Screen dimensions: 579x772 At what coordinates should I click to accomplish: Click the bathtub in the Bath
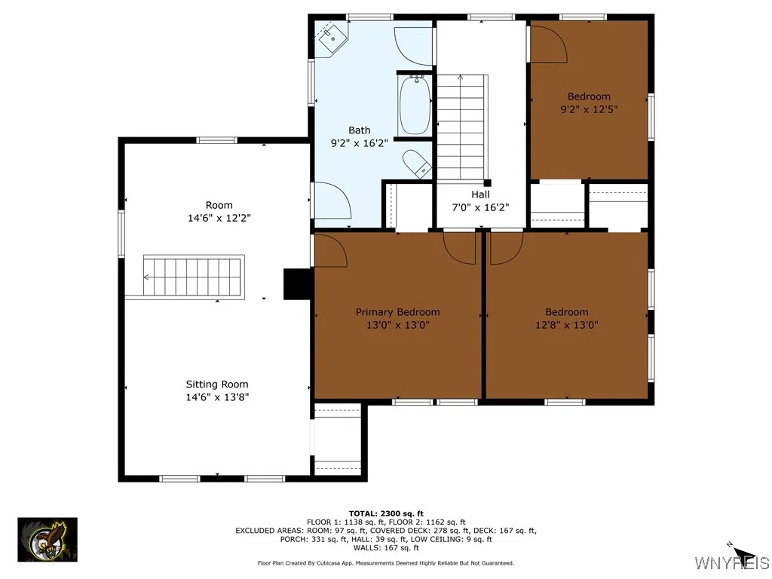(x=414, y=106)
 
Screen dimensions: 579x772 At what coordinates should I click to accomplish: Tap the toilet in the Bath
(x=415, y=163)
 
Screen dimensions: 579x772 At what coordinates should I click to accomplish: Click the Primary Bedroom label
(x=397, y=312)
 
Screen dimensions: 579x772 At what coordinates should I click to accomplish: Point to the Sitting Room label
(x=217, y=384)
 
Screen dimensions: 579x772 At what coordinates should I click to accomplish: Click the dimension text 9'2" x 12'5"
(x=589, y=109)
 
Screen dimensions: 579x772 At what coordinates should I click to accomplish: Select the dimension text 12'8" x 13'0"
(x=566, y=325)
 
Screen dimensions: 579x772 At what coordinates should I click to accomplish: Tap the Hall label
(x=480, y=195)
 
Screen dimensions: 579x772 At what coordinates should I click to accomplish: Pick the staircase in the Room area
(x=194, y=277)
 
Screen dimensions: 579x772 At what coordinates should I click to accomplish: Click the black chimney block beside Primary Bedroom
(x=298, y=284)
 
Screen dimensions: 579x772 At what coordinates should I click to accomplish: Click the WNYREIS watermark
(x=731, y=562)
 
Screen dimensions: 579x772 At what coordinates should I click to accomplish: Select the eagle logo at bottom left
(x=47, y=540)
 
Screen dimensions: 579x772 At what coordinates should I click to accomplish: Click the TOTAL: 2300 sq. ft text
(x=386, y=513)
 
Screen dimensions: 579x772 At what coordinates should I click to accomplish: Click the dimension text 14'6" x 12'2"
(x=219, y=218)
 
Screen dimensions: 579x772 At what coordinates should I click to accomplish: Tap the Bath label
(x=359, y=130)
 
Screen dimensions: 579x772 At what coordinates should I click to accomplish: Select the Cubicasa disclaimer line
(x=386, y=563)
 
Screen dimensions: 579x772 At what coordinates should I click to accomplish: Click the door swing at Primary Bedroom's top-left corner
(x=329, y=250)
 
